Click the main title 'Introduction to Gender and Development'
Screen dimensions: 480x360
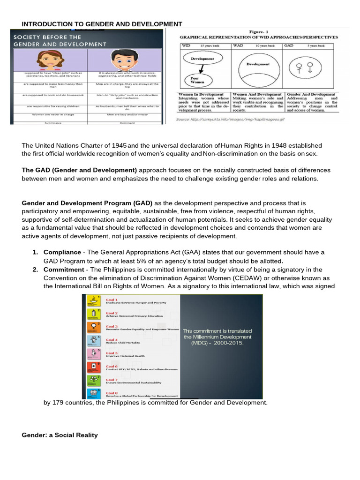(102, 24)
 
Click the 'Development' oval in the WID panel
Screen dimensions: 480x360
(202, 59)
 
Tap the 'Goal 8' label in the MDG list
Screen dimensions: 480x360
(112, 392)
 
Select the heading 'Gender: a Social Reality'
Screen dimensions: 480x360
(60, 435)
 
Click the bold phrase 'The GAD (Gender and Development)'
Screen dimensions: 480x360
(80, 170)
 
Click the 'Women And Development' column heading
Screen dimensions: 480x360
(257, 94)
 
